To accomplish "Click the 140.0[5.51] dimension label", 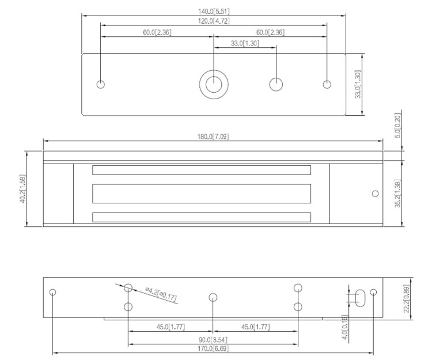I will [214, 11].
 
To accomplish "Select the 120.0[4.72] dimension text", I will [214, 21].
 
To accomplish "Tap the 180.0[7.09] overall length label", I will [213, 136].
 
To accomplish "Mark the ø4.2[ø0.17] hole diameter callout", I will [161, 295].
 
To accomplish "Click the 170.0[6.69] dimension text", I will [213, 350].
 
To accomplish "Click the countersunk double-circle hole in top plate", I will [213, 84].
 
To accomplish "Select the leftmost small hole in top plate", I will [101, 85].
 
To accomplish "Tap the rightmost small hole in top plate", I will [327, 85].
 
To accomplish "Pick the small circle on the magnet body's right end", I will [375, 194].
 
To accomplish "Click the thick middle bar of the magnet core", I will [202, 194].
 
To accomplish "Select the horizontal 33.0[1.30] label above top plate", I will [245, 43].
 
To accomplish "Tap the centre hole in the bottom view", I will [213, 297].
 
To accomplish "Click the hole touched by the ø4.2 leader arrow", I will [128, 287].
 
